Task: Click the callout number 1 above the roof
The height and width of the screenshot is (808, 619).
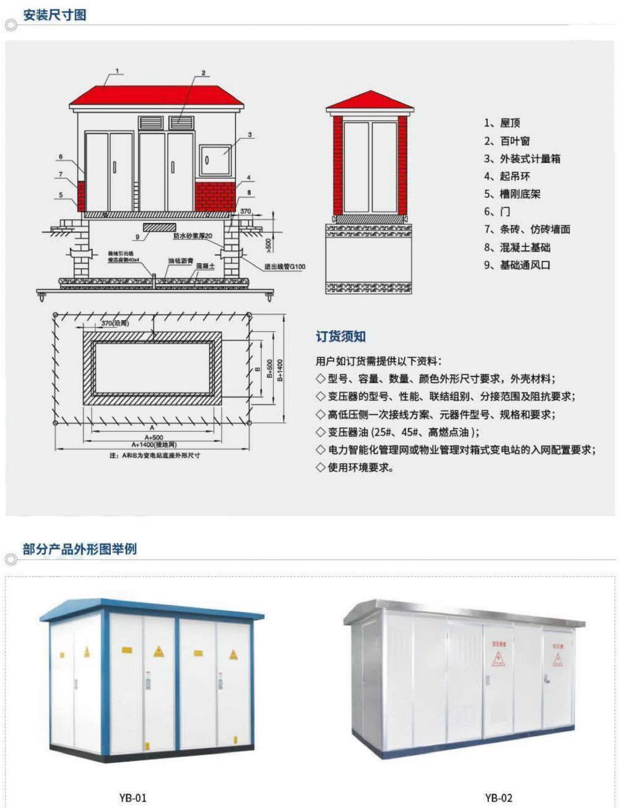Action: coord(117,71)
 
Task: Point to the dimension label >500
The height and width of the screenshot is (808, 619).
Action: coord(269,243)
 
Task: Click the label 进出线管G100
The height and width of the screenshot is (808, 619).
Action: coord(285,267)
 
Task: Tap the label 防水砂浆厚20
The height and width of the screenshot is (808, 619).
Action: coord(193,236)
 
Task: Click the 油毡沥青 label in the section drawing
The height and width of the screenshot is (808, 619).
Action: coord(180,260)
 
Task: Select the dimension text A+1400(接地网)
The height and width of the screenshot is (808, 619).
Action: coord(154,445)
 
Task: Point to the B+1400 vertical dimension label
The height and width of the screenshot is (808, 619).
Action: coord(280,370)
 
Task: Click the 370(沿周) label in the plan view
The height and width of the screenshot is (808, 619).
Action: coord(115,323)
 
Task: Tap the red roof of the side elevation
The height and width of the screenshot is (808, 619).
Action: coord(370,102)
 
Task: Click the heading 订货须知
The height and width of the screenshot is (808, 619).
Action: coord(340,337)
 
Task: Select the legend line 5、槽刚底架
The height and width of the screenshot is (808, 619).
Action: coord(513,194)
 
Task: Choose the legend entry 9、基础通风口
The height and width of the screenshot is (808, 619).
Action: coord(517,265)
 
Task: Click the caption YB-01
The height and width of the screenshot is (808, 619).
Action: coord(133,797)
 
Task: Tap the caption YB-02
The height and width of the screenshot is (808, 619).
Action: coord(498,797)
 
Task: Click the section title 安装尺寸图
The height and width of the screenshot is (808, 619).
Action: coord(54,15)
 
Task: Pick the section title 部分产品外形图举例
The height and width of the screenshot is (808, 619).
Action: coord(79,549)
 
